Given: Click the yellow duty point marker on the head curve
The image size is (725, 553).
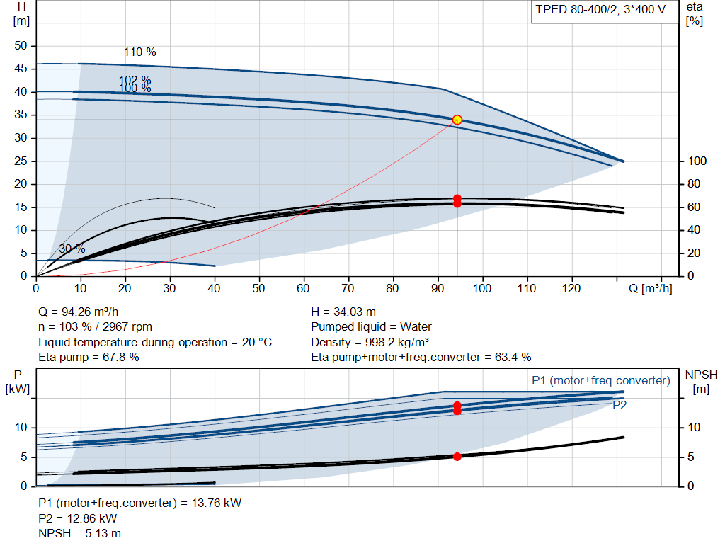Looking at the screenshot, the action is (x=457, y=120).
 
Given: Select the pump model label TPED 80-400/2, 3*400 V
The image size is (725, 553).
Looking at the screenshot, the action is (x=600, y=10).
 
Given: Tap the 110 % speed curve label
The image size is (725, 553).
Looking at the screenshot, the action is (x=139, y=52).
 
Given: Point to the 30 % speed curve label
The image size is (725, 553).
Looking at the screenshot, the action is (x=72, y=249).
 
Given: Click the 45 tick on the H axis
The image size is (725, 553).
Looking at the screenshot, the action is (x=21, y=69).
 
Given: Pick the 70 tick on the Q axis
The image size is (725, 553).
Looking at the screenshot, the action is (x=348, y=288).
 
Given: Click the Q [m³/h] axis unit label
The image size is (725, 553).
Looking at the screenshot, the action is (x=650, y=288).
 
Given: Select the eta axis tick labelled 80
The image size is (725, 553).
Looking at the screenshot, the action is (x=694, y=184).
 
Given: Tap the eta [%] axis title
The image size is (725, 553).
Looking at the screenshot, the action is (x=695, y=14).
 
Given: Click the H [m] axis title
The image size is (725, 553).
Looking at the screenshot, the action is (x=21, y=14).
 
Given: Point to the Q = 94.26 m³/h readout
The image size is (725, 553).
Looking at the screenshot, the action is (x=78, y=312).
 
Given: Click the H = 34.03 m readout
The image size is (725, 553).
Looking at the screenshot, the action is (x=343, y=312).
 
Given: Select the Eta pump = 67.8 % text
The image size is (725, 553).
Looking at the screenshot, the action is (x=89, y=357).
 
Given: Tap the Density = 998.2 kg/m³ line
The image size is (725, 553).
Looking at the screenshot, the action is (x=370, y=342).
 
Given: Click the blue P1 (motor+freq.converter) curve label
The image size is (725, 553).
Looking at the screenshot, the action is (x=600, y=380).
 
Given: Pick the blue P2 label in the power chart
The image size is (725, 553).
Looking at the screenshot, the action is (x=620, y=406).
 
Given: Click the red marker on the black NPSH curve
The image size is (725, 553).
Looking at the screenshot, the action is (x=457, y=457).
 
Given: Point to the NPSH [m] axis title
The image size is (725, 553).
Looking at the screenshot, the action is (x=701, y=382).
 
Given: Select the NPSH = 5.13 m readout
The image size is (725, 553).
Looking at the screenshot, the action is (x=79, y=533).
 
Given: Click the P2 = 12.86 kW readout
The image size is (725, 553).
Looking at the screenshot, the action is (x=78, y=518).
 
